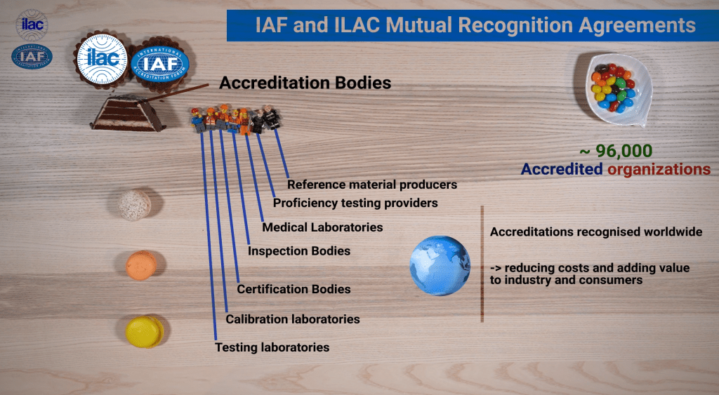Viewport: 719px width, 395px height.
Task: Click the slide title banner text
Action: pyautogui.click(x=475, y=25)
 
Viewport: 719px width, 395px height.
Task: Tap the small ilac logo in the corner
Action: pyautogui.click(x=32, y=25)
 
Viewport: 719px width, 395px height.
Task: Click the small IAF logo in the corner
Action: pyautogui.click(x=32, y=57)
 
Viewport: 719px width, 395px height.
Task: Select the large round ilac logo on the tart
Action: pyautogui.click(x=102, y=59)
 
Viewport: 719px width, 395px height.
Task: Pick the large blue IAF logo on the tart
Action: pyautogui.click(x=160, y=64)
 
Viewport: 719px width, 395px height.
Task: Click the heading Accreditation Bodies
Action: pyautogui.click(x=305, y=83)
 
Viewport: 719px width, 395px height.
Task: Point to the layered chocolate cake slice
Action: pyautogui.click(x=128, y=113)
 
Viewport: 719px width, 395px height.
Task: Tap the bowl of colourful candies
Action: pyautogui.click(x=618, y=89)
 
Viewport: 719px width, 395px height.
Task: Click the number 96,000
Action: pyautogui.click(x=624, y=151)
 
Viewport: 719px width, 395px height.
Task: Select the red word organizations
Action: pyautogui.click(x=659, y=169)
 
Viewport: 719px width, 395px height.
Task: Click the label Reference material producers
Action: pyautogui.click(x=372, y=185)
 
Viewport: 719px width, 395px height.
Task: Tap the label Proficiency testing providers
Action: pyautogui.click(x=355, y=203)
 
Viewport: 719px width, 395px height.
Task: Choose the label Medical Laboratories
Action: pyautogui.click(x=322, y=227)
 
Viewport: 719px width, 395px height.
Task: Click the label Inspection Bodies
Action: pyautogui.click(x=299, y=251)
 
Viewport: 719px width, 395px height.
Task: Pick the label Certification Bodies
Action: pyautogui.click(x=294, y=289)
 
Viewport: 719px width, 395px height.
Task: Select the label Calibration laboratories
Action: pyautogui.click(x=293, y=319)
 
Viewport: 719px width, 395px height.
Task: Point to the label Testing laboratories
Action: pyautogui.click(x=272, y=347)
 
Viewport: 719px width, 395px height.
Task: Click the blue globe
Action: pyautogui.click(x=440, y=265)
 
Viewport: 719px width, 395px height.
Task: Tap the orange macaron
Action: pyautogui.click(x=141, y=265)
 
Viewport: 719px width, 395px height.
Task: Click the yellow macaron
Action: pyautogui.click(x=145, y=331)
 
